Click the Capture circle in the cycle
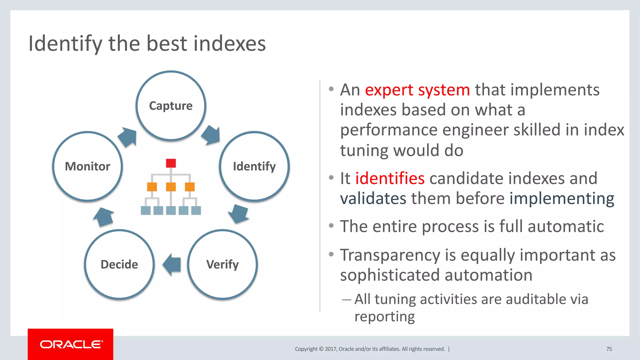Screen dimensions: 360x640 [x=171, y=106]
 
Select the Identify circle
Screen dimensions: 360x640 [x=254, y=166]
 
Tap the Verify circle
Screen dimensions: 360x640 [x=222, y=264]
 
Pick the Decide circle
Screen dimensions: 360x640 [x=119, y=264]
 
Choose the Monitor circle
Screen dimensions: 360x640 [x=87, y=166]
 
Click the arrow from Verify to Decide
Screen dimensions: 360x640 [x=172, y=264]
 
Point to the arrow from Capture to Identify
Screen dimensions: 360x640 [x=211, y=135]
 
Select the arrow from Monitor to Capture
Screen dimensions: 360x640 [x=128, y=137]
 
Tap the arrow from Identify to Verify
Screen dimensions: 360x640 [x=239, y=214]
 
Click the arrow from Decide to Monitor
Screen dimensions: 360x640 [x=104, y=217]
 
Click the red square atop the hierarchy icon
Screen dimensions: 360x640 [x=171, y=163]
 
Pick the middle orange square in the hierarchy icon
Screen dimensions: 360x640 [x=171, y=187]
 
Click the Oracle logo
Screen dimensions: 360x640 [x=71, y=344]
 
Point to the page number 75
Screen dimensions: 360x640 [x=609, y=349]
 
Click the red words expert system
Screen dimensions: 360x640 [x=417, y=90]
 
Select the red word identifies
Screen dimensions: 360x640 [x=390, y=178]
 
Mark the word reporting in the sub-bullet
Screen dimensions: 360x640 [x=384, y=317]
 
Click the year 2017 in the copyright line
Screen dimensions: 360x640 [x=330, y=349]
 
